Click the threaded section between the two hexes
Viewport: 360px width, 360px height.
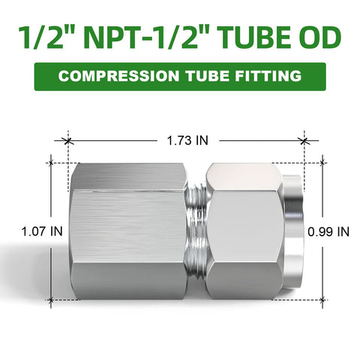tap(196, 232)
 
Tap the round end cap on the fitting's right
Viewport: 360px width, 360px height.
tap(293, 232)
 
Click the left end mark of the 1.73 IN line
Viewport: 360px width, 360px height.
tap(67, 140)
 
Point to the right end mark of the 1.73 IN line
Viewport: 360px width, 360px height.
tap(304, 140)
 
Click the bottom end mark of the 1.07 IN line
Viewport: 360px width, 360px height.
tap(51, 301)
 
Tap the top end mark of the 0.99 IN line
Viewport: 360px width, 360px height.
tap(324, 163)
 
